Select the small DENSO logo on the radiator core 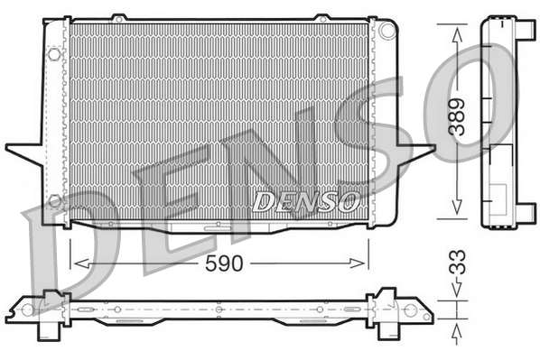307,200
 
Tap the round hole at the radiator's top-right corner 388,29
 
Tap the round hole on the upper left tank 54,55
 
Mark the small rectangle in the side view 497,196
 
